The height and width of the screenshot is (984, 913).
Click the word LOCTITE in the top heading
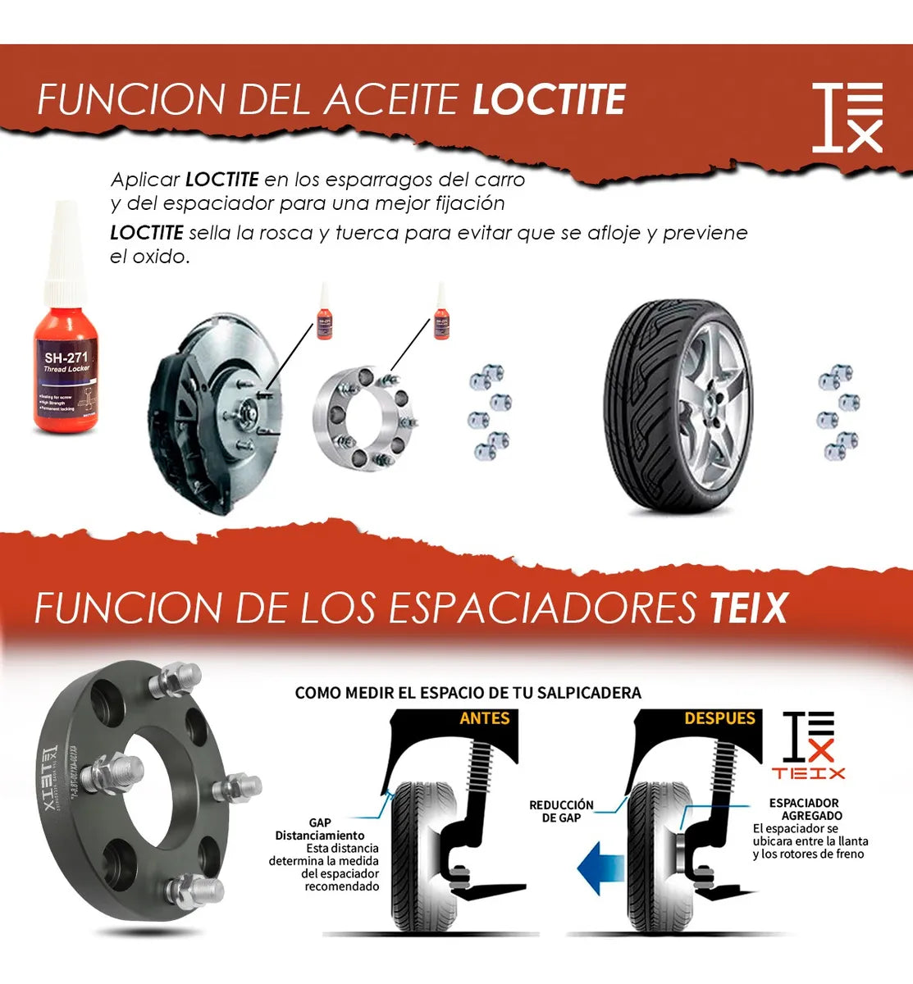point(549,100)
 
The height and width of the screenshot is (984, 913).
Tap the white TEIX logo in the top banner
point(847,117)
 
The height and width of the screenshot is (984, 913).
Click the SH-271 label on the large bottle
point(66,358)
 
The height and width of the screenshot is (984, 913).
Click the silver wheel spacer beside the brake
point(362,418)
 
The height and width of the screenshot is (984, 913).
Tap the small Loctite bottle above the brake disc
point(325,315)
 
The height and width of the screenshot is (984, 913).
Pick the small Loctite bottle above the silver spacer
point(441,315)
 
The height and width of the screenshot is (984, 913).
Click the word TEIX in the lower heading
point(747,608)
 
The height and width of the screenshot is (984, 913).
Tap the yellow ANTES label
point(485,718)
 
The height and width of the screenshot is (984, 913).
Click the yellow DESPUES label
point(719,718)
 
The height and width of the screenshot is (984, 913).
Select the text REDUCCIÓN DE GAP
point(561,811)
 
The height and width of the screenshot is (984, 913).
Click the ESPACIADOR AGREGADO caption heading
point(805,809)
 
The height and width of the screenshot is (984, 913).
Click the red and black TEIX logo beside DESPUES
point(808,745)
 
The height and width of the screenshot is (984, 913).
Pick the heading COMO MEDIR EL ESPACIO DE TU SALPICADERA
point(468,693)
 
